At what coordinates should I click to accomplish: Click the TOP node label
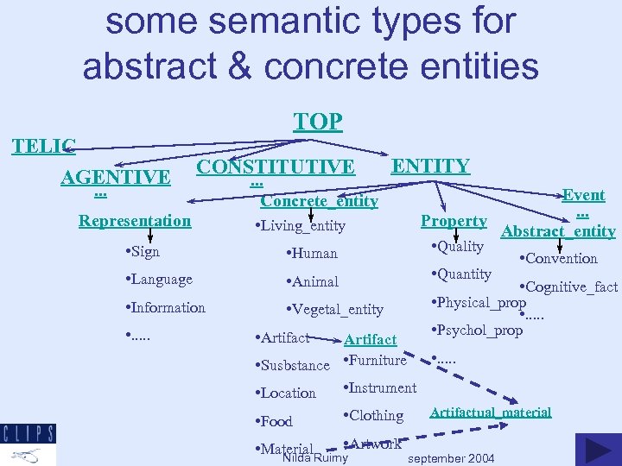[x=318, y=122]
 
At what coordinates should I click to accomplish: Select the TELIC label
[x=43, y=146]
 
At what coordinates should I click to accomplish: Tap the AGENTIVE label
[x=116, y=178]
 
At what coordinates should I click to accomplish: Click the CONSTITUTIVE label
[x=276, y=167]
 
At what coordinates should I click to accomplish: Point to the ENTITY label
[x=431, y=166]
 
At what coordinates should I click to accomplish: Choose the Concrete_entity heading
[x=320, y=201]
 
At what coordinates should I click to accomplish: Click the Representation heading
[x=135, y=220]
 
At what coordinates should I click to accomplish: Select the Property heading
[x=454, y=221]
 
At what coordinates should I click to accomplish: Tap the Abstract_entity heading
[x=558, y=231]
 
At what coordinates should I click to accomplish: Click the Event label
[x=583, y=195]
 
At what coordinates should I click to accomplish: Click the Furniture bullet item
[x=378, y=361]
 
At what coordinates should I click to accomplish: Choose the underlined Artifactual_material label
[x=490, y=412]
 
